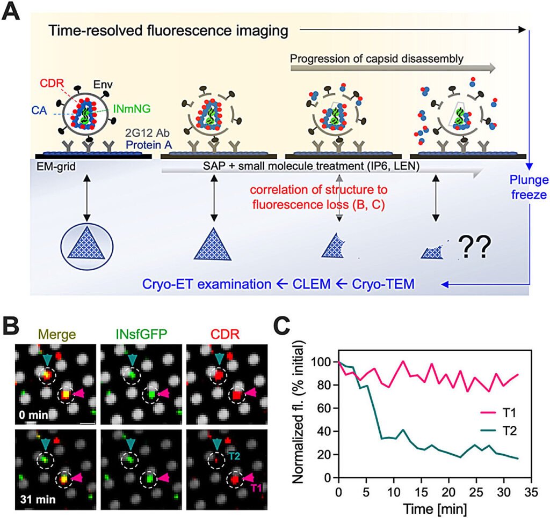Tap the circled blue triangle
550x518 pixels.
pos(86,250)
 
